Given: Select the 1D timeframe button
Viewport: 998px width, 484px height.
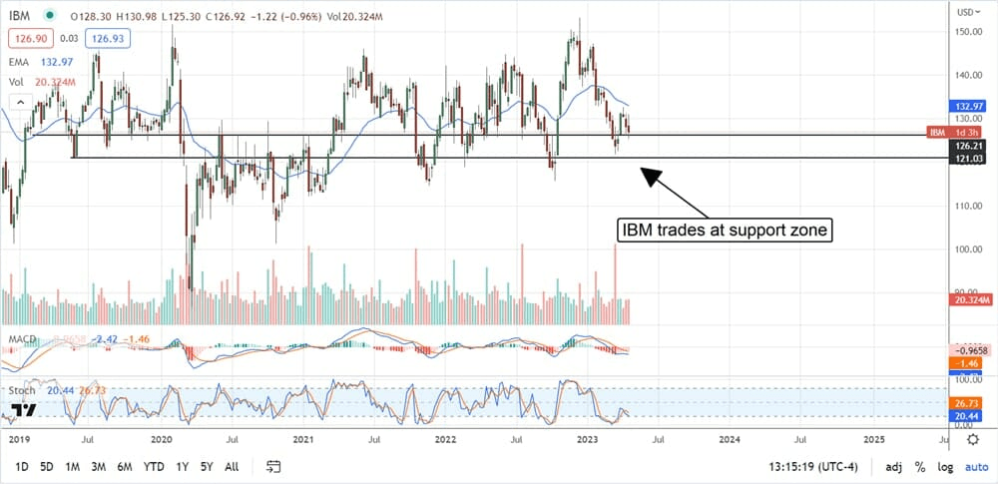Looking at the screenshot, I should coord(21,466).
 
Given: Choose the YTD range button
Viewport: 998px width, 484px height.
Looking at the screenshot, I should coord(154,466).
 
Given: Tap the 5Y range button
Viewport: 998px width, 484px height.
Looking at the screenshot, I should coord(206,466).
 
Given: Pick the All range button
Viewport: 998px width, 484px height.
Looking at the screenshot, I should coord(232,466).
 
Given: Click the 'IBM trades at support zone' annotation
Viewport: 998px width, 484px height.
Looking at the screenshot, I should coord(726,232).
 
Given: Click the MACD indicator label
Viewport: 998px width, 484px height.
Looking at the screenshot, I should coord(22,340).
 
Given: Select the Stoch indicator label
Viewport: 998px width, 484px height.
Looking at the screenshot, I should coord(22,392).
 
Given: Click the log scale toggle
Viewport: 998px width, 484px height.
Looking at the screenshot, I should coord(944,467).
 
